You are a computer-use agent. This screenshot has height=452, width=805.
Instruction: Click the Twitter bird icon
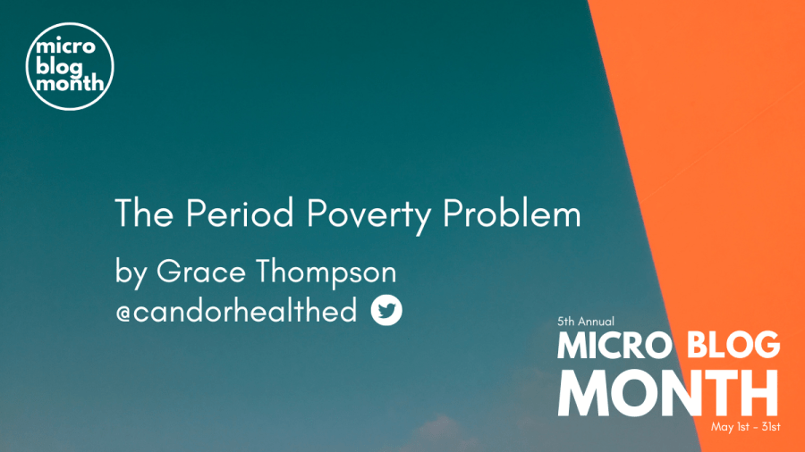point(386,310)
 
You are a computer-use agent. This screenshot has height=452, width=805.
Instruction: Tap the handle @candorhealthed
point(236,311)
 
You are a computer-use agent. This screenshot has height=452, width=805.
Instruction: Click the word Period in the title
point(240,213)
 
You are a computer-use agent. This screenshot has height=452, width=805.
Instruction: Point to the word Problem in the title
point(512,213)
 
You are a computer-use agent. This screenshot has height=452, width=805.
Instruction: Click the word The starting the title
point(144,213)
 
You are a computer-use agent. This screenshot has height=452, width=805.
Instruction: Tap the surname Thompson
point(326,272)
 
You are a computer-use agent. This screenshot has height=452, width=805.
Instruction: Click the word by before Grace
point(131,272)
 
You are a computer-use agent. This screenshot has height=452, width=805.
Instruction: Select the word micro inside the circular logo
point(65,47)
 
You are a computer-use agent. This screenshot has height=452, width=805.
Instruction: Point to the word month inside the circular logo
point(70,82)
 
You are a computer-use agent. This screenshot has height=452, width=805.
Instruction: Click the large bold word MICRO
point(614,345)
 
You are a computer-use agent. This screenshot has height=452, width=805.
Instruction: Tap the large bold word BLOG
point(733,345)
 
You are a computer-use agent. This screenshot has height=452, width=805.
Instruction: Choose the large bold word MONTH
point(668,392)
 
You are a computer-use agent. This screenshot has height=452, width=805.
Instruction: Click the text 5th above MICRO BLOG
point(566,322)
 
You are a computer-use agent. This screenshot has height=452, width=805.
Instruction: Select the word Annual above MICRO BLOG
point(596,322)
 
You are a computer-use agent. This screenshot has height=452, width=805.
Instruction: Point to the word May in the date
point(721,427)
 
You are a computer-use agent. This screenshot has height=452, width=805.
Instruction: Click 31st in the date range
point(769,426)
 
